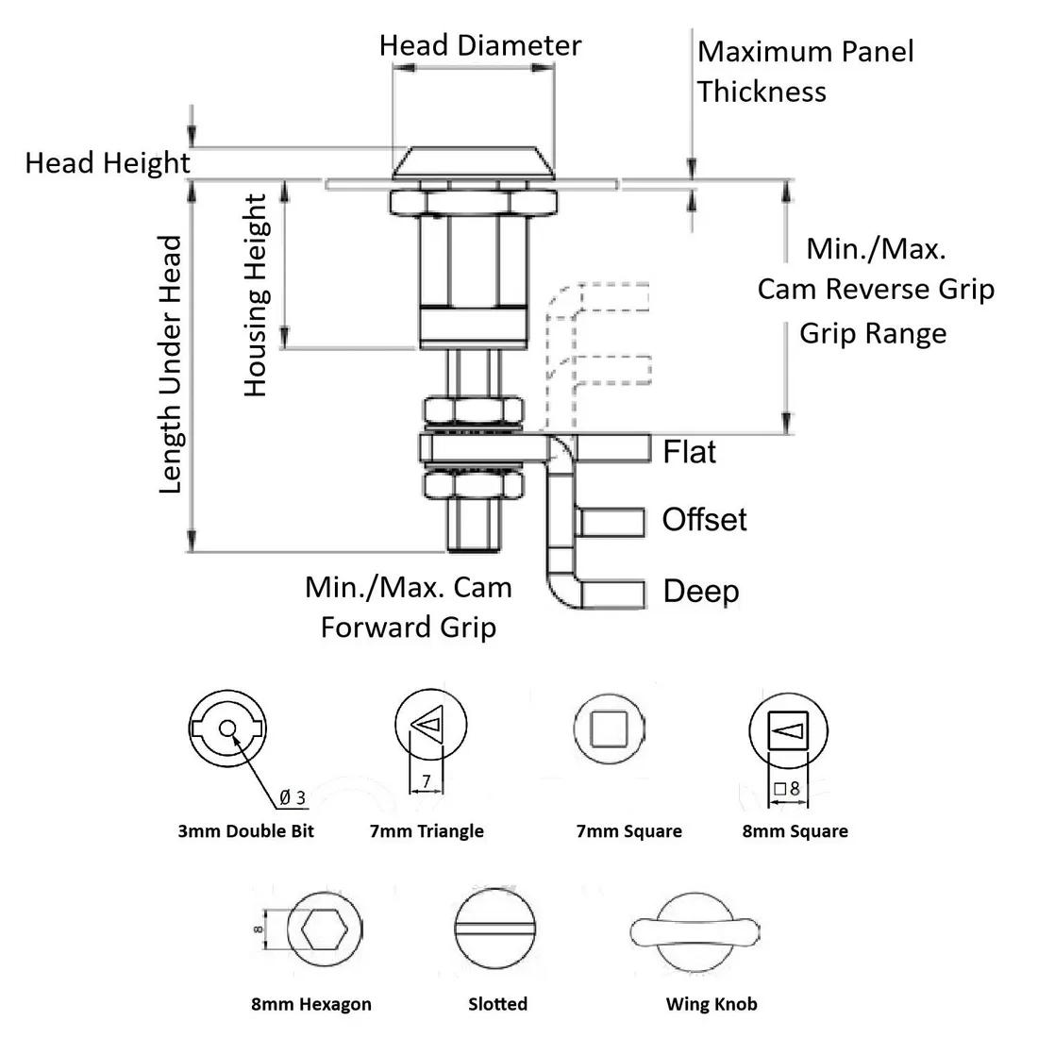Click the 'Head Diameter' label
(479, 45)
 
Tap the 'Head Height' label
(107, 163)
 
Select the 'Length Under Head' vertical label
(170, 364)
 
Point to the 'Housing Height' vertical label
(256, 294)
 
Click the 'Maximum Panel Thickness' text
(804, 71)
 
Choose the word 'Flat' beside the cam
(690, 452)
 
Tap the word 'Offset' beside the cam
(704, 520)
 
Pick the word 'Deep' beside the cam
(700, 592)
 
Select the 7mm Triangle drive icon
(430, 726)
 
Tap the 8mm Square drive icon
(787, 729)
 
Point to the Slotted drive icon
(497, 930)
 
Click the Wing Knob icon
(694, 931)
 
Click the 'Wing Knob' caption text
(711, 1003)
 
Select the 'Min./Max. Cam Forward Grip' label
(408, 607)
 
